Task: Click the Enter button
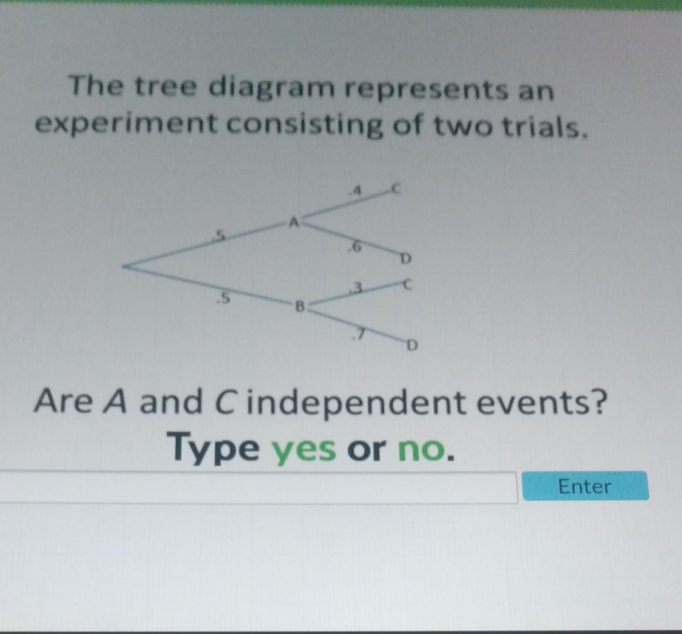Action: pos(584,486)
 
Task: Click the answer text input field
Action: pos(258,487)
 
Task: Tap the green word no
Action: pos(422,450)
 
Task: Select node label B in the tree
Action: pos(298,305)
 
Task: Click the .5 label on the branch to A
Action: pos(219,236)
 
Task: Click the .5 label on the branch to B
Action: pos(221,299)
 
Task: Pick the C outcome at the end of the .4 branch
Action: pos(396,190)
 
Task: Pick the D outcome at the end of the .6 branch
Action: pos(405,258)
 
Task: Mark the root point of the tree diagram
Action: pos(125,267)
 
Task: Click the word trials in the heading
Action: pos(549,125)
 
